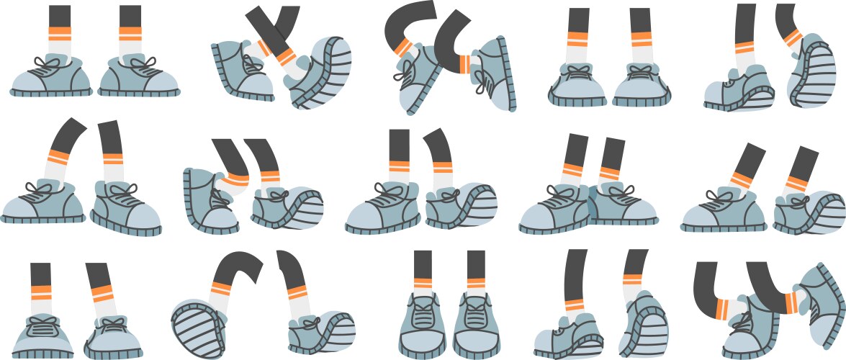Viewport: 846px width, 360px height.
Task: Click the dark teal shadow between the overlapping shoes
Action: coord(592,205)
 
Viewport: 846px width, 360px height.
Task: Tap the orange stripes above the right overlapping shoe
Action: coord(611,174)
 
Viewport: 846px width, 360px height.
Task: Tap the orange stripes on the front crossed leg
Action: coord(286,55)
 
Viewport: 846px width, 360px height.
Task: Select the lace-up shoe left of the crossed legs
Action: coord(241,72)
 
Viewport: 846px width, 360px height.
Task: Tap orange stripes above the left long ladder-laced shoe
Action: coord(423,282)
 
